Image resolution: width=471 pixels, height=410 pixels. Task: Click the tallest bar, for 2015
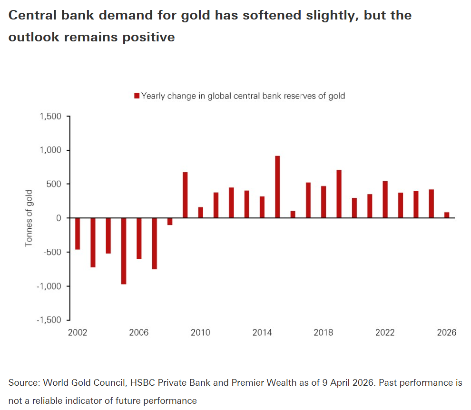click(x=277, y=187)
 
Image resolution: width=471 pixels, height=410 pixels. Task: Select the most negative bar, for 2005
click(x=124, y=251)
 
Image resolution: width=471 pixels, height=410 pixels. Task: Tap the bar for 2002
click(x=78, y=234)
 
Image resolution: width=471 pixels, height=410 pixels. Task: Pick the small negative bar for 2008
click(x=170, y=221)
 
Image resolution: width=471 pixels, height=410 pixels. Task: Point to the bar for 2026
click(x=447, y=215)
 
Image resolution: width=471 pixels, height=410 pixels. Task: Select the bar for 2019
click(x=339, y=194)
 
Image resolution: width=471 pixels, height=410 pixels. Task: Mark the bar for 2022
click(x=385, y=199)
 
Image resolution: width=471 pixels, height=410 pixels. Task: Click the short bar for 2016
click(x=293, y=215)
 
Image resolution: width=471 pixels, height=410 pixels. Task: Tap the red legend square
click(x=137, y=96)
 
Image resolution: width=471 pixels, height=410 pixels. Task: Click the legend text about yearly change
click(x=243, y=96)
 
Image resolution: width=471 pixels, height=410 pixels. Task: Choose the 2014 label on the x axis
click(x=262, y=332)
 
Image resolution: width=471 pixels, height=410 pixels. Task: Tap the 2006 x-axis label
click(x=139, y=332)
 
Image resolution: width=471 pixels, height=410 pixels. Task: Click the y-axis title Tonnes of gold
click(x=29, y=218)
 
